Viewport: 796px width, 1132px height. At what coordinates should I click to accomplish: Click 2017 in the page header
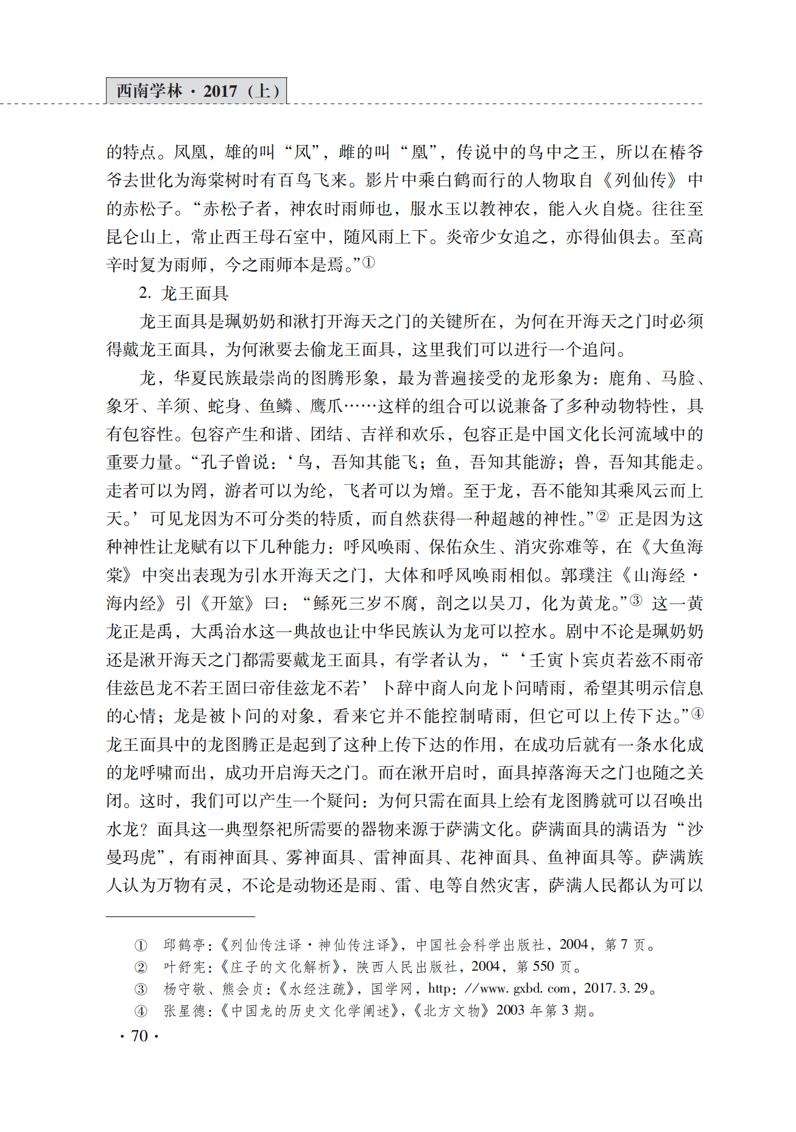(220, 91)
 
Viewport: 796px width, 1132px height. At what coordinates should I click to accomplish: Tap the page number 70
(139, 1036)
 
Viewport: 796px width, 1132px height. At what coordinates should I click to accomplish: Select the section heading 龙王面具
(194, 294)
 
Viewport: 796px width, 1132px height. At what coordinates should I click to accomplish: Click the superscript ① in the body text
(368, 262)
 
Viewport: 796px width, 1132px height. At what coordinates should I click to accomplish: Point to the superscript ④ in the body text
(697, 713)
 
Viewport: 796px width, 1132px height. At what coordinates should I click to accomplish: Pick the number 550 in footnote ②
(543, 966)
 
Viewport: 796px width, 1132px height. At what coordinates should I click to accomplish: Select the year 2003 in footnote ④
(510, 1010)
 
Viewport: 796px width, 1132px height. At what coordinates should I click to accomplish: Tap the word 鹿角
(625, 378)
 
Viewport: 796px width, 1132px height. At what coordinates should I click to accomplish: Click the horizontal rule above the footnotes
(180, 916)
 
